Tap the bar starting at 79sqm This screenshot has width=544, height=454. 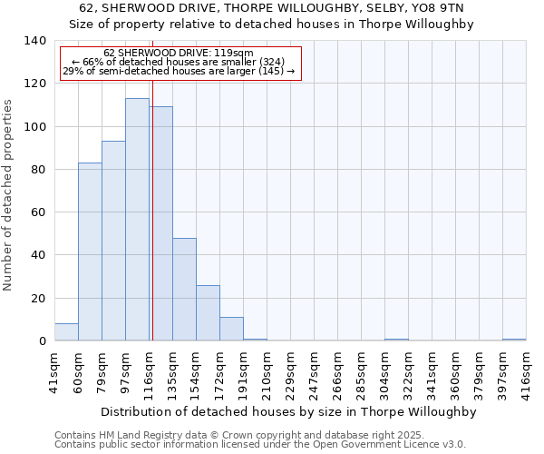[x=113, y=241]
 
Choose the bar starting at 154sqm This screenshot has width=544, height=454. [x=208, y=313]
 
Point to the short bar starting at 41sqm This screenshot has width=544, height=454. [x=66, y=332]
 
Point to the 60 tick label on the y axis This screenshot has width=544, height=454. [x=38, y=212]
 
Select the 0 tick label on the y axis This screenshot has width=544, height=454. [x=42, y=341]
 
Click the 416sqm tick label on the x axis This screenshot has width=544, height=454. [x=526, y=371]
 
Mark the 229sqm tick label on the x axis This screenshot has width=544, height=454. [x=290, y=371]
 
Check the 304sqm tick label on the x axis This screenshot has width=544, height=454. [x=384, y=371]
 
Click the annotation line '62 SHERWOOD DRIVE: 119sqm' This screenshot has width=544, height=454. [x=179, y=53]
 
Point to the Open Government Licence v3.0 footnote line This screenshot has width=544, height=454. [x=260, y=445]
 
